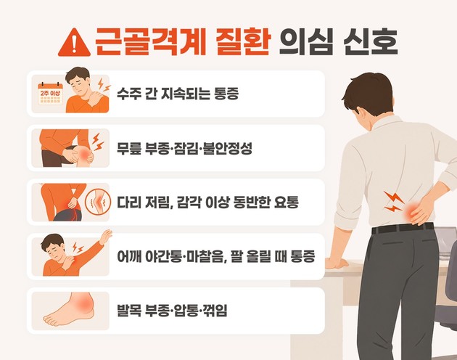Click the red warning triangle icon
point(74,43)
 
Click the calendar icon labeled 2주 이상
point(51,94)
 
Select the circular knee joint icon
point(98,202)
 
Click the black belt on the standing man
point(402,228)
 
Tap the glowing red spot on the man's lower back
point(413,210)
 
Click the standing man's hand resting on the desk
point(337,263)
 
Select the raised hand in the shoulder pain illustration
point(105,237)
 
